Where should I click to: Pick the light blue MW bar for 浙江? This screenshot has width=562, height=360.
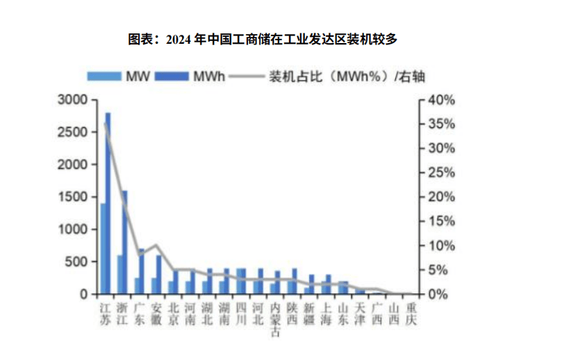(x=119, y=275)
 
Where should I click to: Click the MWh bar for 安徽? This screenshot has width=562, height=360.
(x=159, y=275)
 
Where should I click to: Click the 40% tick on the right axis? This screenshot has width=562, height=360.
(x=440, y=100)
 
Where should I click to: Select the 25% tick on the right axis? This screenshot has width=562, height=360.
(x=440, y=173)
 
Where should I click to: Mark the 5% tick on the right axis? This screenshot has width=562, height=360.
(x=438, y=270)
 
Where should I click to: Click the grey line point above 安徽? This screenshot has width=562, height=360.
(x=156, y=245)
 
